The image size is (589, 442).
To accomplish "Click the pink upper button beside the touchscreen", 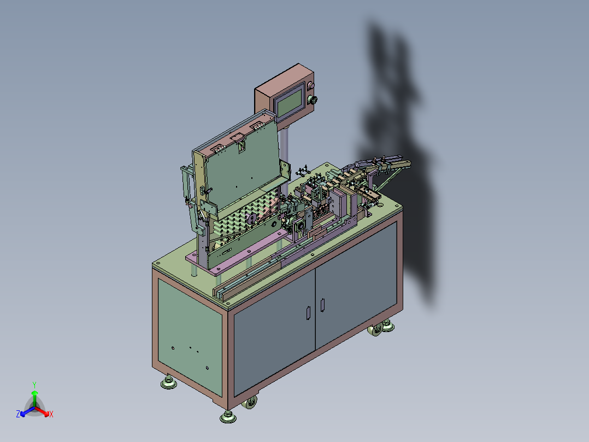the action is (x=311, y=86).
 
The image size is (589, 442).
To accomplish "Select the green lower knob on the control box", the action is (x=312, y=100).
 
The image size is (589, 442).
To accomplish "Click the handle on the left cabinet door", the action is (x=308, y=313).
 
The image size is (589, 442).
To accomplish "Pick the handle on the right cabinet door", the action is (x=322, y=305).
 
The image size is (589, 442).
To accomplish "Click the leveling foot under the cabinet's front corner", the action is (x=228, y=417).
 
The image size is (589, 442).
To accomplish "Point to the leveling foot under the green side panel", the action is (x=169, y=382).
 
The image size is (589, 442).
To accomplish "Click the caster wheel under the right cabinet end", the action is (x=376, y=329).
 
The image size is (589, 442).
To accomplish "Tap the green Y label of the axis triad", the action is (x=34, y=385).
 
